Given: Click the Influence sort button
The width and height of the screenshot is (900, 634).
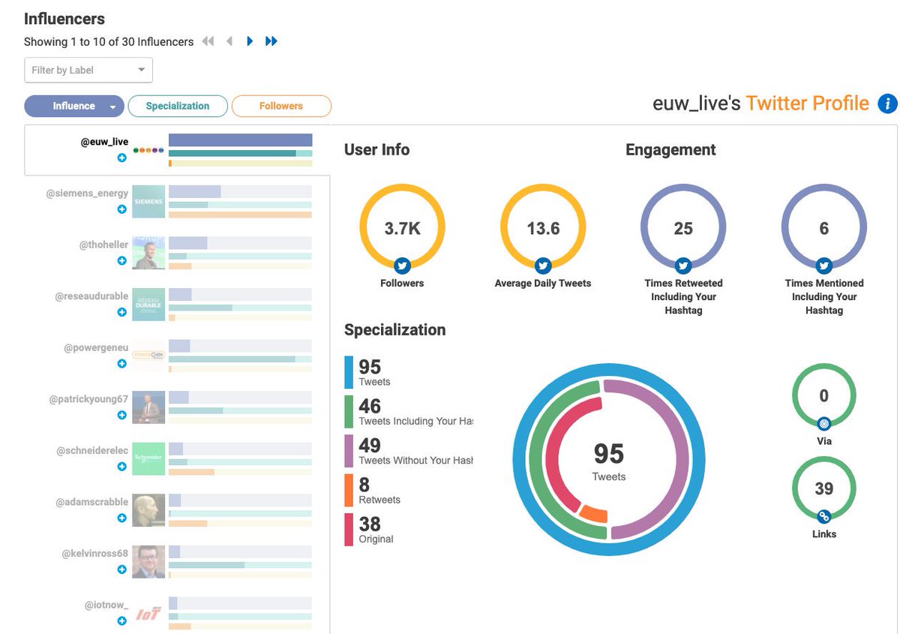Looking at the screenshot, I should point(73,107).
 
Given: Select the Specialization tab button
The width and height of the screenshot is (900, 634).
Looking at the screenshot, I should point(178,107).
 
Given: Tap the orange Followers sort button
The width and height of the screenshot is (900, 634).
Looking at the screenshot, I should point(281,107).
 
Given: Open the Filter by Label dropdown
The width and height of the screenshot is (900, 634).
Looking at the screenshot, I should point(88,70).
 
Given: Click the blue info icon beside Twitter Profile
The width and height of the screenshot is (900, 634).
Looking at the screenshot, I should point(887,104).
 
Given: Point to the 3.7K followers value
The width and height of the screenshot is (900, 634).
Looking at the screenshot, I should point(402,229).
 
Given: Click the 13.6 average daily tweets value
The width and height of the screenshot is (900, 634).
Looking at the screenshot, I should point(543,229).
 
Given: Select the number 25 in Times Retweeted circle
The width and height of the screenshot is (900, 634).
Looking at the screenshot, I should point(683,229).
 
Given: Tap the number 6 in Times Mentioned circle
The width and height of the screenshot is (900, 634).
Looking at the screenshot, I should point(823,229).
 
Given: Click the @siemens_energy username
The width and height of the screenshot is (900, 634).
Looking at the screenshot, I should point(87,193).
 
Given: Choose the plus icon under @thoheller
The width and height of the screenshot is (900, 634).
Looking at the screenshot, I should point(121,260).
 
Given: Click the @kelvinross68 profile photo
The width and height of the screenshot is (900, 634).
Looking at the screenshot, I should point(148,561).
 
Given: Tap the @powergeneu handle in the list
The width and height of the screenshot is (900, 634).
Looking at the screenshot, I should point(96,348).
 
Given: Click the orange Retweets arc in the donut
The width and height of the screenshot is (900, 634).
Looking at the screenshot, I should point(594,514).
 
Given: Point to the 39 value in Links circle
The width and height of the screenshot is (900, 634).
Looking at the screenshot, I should point(823,489).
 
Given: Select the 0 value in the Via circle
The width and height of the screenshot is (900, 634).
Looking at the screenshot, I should point(823,396).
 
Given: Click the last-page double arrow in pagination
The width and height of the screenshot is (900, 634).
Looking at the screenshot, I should point(271,41).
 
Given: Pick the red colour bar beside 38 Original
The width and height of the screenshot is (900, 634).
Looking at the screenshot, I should point(349,530).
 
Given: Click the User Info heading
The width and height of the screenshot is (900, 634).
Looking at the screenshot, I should point(376,149).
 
